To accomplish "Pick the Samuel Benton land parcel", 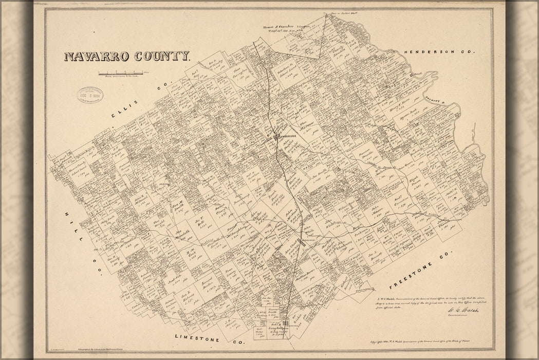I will pos(208,282).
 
